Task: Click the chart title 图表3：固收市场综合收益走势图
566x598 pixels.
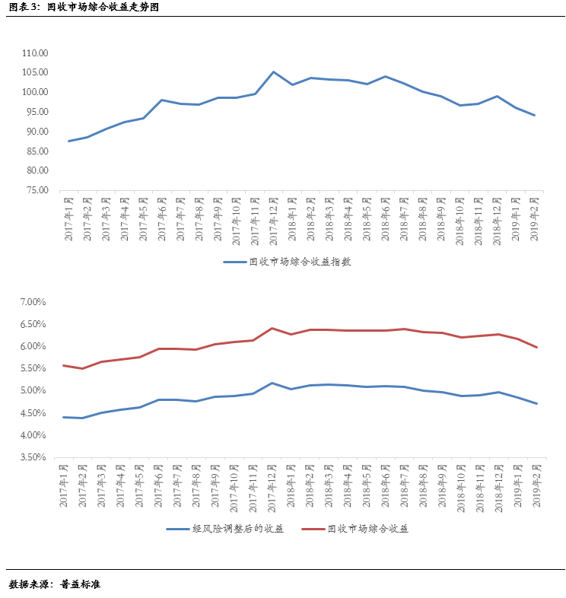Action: point(84,8)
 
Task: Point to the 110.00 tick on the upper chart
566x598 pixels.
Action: point(35,53)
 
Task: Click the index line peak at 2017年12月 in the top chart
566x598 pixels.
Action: point(273,72)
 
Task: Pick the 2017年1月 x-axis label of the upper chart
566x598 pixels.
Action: point(68,218)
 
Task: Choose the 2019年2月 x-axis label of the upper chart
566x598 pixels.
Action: point(534,218)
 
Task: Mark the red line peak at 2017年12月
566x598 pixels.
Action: point(272,328)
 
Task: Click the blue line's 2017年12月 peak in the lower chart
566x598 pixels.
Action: point(272,383)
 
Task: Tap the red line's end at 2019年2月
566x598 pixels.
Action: point(536,348)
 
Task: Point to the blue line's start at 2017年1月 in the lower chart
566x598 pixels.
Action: point(63,417)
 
